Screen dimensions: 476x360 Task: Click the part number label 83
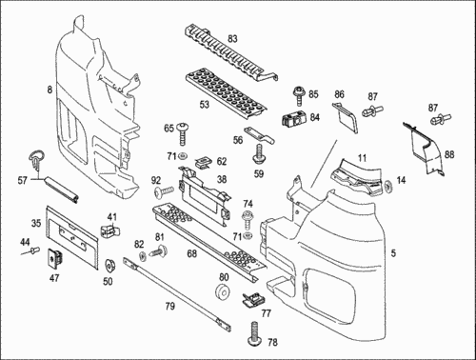coord(232,39)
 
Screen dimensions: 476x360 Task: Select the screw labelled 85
coord(299,95)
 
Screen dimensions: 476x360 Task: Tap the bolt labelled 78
coord(255,334)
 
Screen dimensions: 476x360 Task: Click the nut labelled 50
coord(110,265)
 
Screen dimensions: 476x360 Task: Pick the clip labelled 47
coord(53,257)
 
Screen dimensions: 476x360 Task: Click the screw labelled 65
coord(182,133)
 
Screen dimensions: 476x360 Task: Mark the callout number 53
coord(205,104)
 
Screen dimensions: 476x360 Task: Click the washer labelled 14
coord(388,186)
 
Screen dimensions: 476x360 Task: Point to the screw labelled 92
coord(164,191)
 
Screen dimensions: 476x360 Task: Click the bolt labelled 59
coord(260,154)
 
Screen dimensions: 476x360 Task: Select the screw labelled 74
coord(248,219)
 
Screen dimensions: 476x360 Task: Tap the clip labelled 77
coord(253,299)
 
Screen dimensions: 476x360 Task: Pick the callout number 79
coord(169,307)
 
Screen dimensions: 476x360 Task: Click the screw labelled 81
coord(159,250)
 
